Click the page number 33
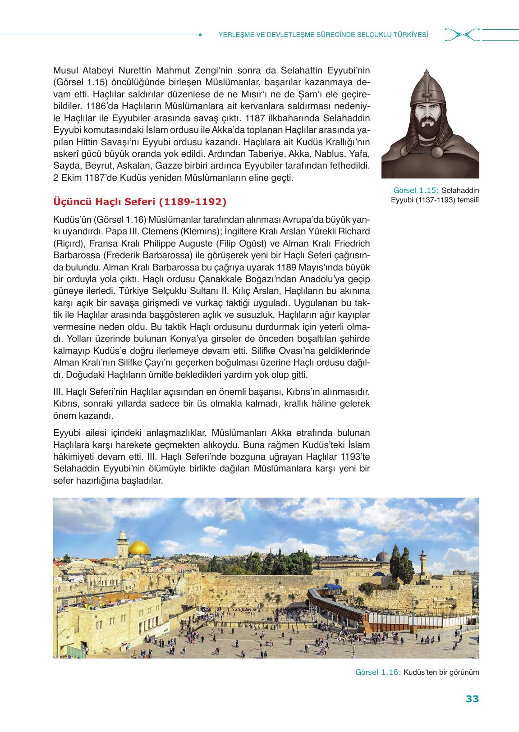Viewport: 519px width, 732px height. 472,699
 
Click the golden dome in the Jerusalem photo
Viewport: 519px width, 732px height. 138,548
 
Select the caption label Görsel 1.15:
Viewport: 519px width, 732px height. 417,190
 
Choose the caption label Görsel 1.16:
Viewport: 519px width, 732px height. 378,672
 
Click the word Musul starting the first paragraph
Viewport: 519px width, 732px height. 66,71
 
